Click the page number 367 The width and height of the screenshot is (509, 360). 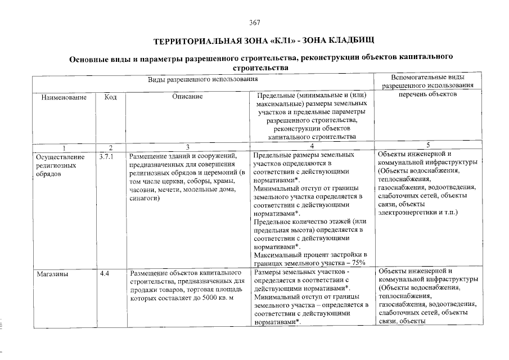pyautogui.click(x=254, y=23)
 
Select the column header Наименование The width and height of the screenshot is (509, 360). pyautogui.click(x=64, y=97)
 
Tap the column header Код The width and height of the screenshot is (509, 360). pyautogui.click(x=111, y=97)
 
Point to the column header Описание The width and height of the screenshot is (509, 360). pyautogui.click(x=187, y=97)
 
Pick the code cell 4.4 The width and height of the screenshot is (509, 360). pyautogui.click(x=105, y=274)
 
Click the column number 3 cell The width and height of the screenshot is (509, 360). pyautogui.click(x=187, y=147)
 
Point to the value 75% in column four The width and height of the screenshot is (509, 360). pyautogui.click(x=358, y=262)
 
